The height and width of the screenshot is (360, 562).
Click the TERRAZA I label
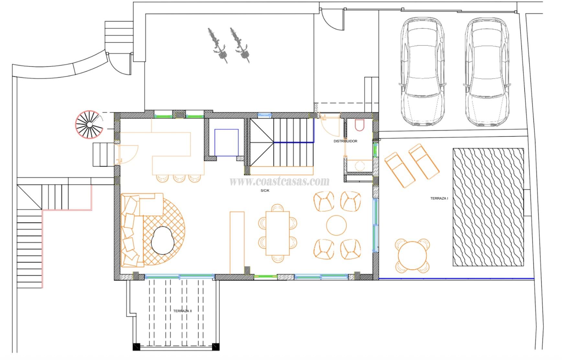pos(439,198)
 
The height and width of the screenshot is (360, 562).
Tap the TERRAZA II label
pos(182,311)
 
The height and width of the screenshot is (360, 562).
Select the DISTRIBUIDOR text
pos(345,141)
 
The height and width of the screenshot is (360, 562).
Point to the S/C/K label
pos(265,191)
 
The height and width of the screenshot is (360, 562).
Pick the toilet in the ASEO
pos(359,125)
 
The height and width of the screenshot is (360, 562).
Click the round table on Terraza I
pos(412,255)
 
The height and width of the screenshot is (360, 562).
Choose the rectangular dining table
pos(277,233)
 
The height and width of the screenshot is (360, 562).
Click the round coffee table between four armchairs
pos(336,225)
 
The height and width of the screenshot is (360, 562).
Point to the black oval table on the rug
pos(163,240)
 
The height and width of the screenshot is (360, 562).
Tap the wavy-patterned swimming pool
pos(488,207)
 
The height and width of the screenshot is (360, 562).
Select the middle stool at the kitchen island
pos(178,178)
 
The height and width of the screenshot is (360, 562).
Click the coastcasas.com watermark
pos(279,181)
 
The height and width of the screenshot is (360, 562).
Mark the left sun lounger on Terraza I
pos(399,170)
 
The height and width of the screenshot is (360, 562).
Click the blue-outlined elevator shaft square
pos(227,142)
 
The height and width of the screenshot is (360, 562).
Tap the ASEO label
pos(376,140)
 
